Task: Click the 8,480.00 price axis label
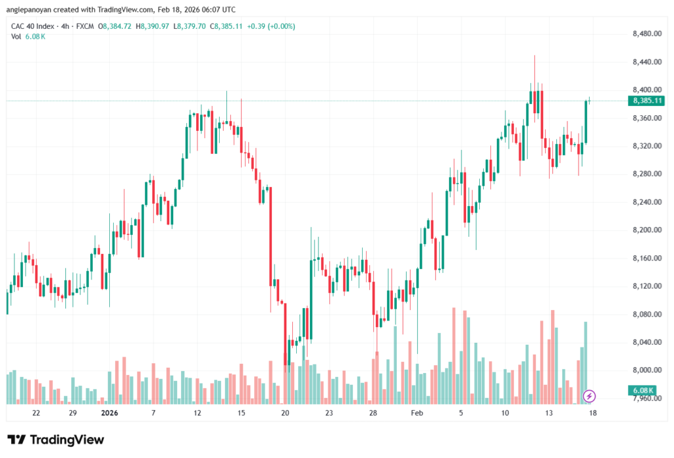pyautogui.click(x=646, y=34)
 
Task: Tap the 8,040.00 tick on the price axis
pyautogui.click(x=646, y=342)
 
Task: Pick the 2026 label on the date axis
pyautogui.click(x=109, y=413)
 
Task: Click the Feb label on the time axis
pyautogui.click(x=416, y=413)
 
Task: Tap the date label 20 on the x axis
pyautogui.click(x=285, y=413)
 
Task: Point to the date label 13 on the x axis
pyautogui.click(x=548, y=413)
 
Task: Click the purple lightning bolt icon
pyautogui.click(x=590, y=395)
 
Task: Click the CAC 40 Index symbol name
pyautogui.click(x=33, y=26)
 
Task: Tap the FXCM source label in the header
pyautogui.click(x=84, y=26)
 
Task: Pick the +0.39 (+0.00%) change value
pyautogui.click(x=271, y=26)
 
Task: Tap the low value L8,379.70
pyautogui.click(x=193, y=26)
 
